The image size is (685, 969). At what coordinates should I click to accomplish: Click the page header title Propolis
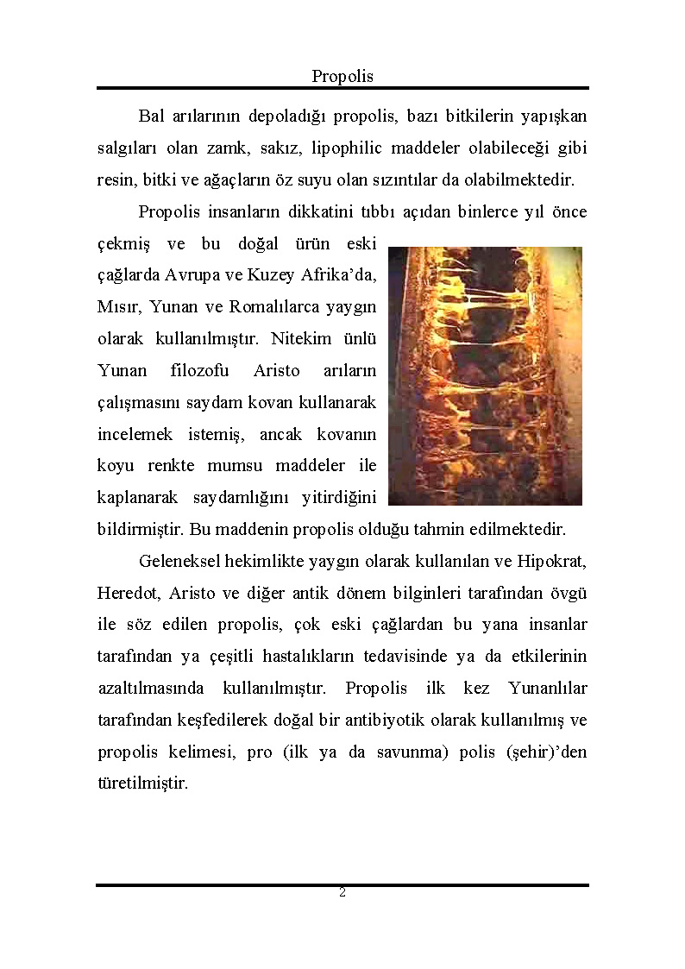click(342, 76)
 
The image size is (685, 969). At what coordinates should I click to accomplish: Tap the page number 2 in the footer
click(342, 892)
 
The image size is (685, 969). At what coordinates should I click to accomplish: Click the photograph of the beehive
click(485, 375)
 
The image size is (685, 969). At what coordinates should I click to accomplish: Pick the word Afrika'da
click(339, 275)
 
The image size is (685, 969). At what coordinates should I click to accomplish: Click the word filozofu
click(200, 370)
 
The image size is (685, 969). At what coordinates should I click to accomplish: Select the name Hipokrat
click(553, 562)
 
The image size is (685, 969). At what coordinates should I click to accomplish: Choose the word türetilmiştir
click(142, 784)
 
